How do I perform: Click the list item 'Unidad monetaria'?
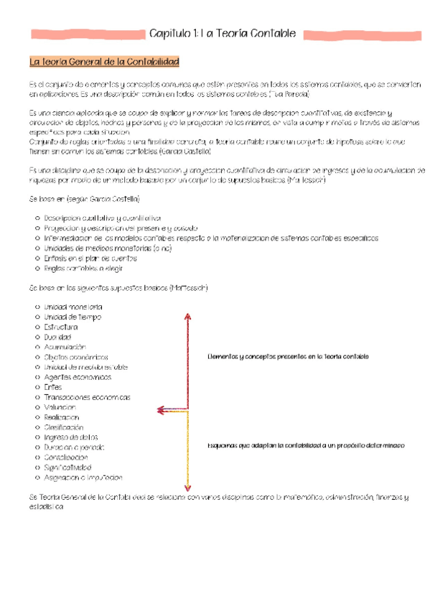pos(73,307)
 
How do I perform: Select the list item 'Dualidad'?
pos(58,337)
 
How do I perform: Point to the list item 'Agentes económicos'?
pos(74,377)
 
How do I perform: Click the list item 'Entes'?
pos(53,387)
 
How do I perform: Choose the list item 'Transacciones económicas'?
pos(87,397)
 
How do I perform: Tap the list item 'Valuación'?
pos(60,407)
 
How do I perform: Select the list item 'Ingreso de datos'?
pos(70,437)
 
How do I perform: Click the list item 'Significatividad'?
pos(70,468)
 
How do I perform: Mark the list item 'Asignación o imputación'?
pos(83,478)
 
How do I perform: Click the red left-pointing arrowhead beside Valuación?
pos(161,411)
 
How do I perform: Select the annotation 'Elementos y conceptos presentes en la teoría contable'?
pos(287,356)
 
